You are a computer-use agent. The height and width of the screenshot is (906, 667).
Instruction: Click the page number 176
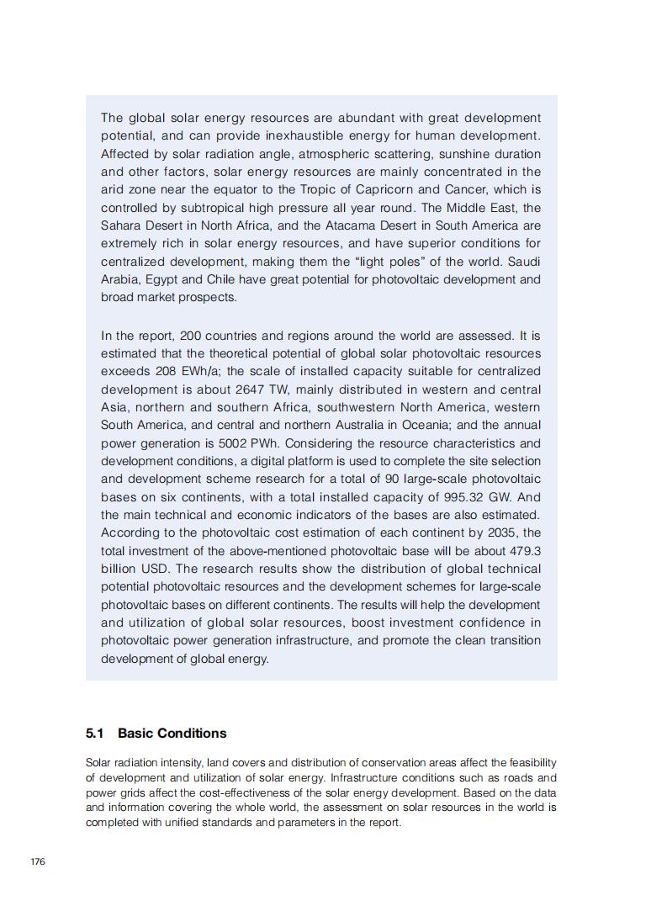(x=37, y=863)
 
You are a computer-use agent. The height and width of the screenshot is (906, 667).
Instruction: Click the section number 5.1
(x=94, y=734)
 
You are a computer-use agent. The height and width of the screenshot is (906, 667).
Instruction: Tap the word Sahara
(x=122, y=225)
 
